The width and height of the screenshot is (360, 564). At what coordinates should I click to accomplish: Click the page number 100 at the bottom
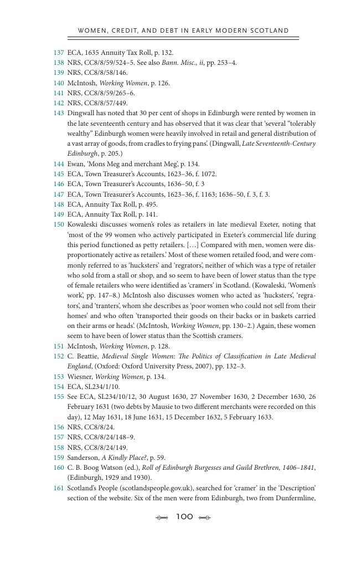tap(184, 517)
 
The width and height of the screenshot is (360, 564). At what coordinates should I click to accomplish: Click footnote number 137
tap(59, 53)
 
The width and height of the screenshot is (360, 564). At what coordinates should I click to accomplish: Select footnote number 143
tap(59, 113)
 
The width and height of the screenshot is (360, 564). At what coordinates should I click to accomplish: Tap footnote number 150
tap(59, 224)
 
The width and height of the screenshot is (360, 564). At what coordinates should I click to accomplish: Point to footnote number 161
tap(59, 488)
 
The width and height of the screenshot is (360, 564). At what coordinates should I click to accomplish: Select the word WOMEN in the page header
tap(92, 30)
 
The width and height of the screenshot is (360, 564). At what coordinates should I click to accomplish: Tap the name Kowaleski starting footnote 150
tap(83, 224)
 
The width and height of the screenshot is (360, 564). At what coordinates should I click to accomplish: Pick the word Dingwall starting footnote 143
tap(81, 113)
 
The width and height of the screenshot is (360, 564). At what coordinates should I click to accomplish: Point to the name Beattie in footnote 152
tap(86, 356)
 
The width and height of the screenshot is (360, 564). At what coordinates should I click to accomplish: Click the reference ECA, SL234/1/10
tap(93, 387)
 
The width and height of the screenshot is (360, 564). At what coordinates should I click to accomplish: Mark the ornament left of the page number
tap(162, 517)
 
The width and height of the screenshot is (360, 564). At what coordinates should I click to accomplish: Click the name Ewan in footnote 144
tap(76, 164)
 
